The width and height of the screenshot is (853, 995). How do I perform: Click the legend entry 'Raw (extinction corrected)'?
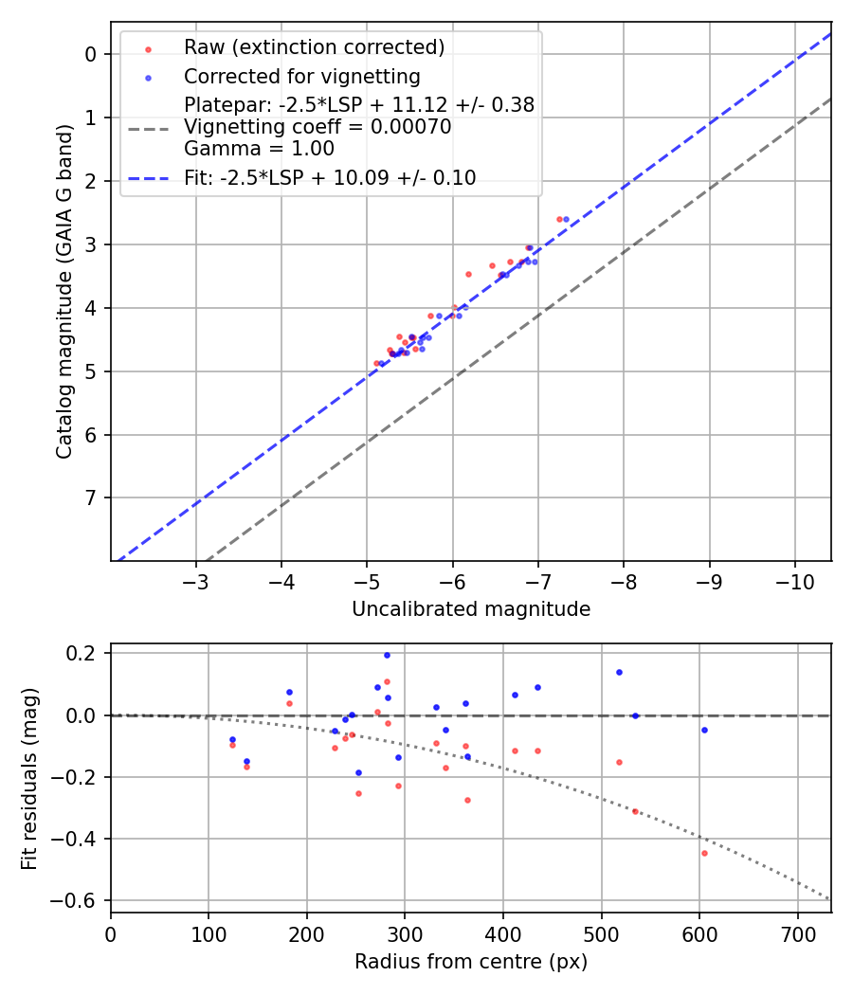pyautogui.click(x=314, y=47)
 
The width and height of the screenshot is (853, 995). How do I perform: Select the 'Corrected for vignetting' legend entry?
pyautogui.click(x=301, y=76)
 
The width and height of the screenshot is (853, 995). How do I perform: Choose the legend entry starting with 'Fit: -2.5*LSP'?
pyautogui.click(x=330, y=178)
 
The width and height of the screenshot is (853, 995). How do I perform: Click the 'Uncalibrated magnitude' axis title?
pyautogui.click(x=471, y=609)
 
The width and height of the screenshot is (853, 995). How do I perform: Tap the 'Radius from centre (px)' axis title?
pyautogui.click(x=471, y=962)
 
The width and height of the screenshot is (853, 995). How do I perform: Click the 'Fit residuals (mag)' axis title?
pyautogui.click(x=30, y=778)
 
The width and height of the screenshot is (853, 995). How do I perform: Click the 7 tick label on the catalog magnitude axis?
pyautogui.click(x=91, y=497)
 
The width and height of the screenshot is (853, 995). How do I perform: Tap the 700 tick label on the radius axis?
pyautogui.click(x=797, y=934)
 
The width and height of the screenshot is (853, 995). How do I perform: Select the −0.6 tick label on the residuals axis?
pyautogui.click(x=78, y=900)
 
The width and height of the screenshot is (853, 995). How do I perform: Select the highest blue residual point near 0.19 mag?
pyautogui.click(x=387, y=655)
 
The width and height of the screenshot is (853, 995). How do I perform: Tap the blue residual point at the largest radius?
pyautogui.click(x=704, y=730)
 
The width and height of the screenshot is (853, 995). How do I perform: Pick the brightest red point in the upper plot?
pyautogui.click(x=559, y=219)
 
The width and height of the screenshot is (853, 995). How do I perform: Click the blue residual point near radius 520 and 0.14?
pyautogui.click(x=619, y=672)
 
